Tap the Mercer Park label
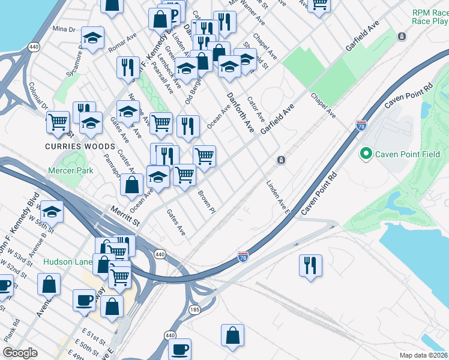(x=71, y=171)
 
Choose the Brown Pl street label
(x=206, y=202)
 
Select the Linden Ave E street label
(x=278, y=198)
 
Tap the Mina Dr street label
(x=64, y=29)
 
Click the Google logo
(x=20, y=353)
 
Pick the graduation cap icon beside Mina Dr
(x=92, y=38)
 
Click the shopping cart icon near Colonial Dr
(x=58, y=121)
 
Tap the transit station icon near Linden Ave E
(x=280, y=160)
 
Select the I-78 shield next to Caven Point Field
(x=361, y=125)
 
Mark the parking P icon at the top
(x=174, y=14)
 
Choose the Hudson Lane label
(x=67, y=262)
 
